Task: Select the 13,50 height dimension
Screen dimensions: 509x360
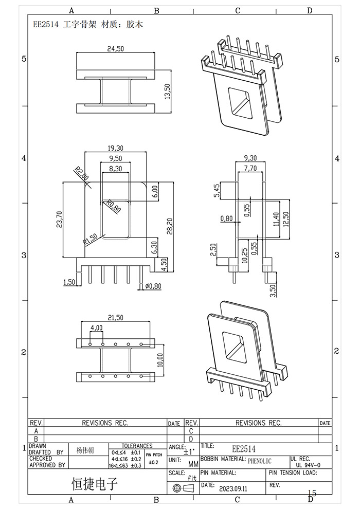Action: click(x=166, y=94)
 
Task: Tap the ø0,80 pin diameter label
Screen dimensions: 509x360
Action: click(x=153, y=286)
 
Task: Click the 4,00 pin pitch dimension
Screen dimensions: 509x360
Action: click(x=96, y=328)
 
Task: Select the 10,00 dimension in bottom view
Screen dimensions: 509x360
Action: click(x=160, y=360)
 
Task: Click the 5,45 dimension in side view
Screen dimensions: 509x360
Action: click(x=217, y=190)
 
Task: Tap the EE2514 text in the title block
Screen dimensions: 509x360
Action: click(x=244, y=449)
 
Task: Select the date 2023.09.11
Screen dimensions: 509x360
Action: click(x=233, y=490)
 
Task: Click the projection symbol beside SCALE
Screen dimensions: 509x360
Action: click(x=184, y=487)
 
